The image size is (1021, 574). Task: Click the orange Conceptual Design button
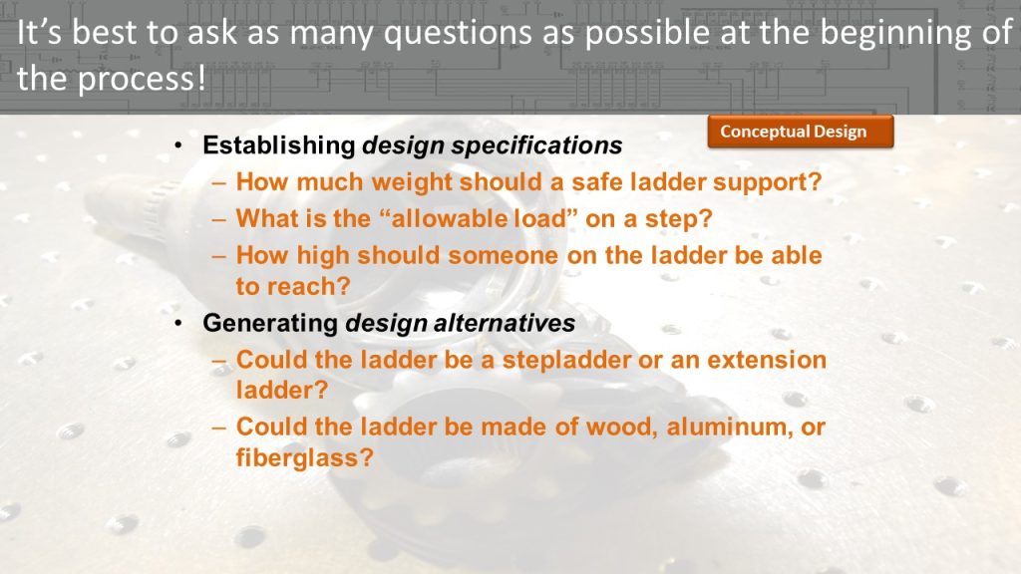tap(801, 132)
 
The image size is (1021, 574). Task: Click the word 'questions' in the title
tap(457, 34)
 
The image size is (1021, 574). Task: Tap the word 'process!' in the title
tap(142, 80)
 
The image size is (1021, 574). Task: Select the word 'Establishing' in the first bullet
tap(279, 145)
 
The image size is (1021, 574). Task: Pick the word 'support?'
tap(767, 182)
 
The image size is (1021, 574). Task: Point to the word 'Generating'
tap(270, 324)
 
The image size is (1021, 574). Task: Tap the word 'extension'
tap(767, 359)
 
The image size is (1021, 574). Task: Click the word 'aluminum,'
tap(727, 427)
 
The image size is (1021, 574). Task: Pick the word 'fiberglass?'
tap(305, 456)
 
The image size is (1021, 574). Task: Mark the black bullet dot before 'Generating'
tap(177, 323)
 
